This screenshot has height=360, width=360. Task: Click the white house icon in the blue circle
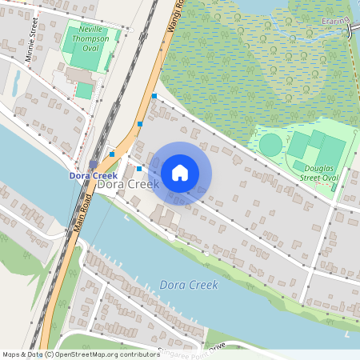point(180,172)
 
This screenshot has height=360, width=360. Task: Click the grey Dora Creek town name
point(128,184)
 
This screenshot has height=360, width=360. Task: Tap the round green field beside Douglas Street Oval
point(271,145)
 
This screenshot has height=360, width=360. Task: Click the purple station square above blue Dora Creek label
point(94,163)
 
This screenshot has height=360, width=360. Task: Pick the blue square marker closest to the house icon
point(139,168)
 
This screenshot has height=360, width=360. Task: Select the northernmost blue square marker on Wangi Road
point(154,96)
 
